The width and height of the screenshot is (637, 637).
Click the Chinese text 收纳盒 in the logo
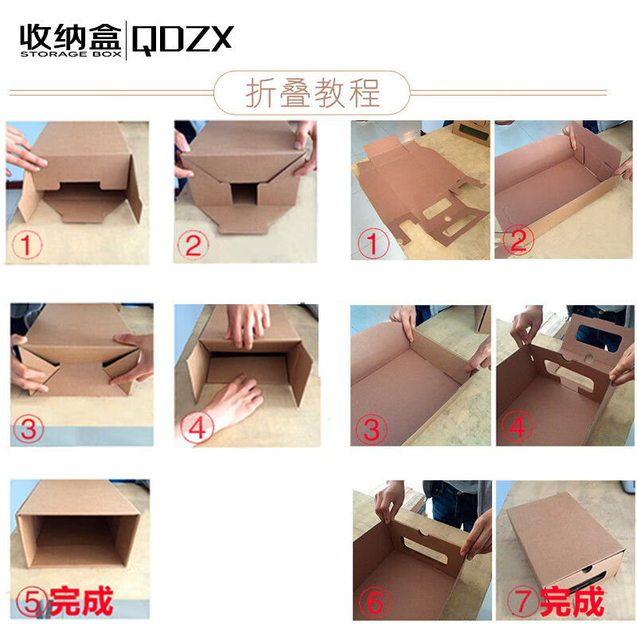[70, 36]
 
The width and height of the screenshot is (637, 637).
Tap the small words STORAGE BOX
[70, 56]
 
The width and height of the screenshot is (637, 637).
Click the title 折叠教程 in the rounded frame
[311, 93]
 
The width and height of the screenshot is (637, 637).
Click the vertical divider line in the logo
[126, 41]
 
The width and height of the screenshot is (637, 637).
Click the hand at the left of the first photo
[24, 151]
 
